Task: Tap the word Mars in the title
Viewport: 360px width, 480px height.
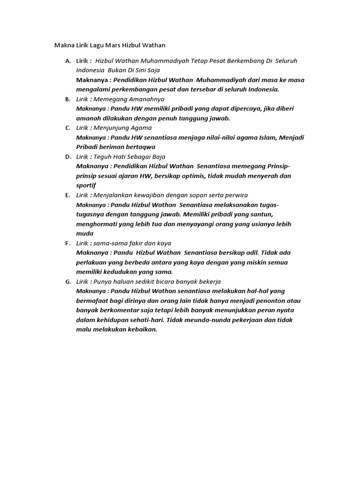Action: tap(112, 45)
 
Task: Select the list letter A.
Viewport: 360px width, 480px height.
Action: tap(68, 61)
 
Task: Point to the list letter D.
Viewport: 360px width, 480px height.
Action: tap(68, 157)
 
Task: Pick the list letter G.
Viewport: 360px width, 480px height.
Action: tap(68, 281)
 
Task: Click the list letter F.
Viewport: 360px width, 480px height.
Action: tap(68, 243)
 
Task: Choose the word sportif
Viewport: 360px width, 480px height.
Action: tap(86, 185)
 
